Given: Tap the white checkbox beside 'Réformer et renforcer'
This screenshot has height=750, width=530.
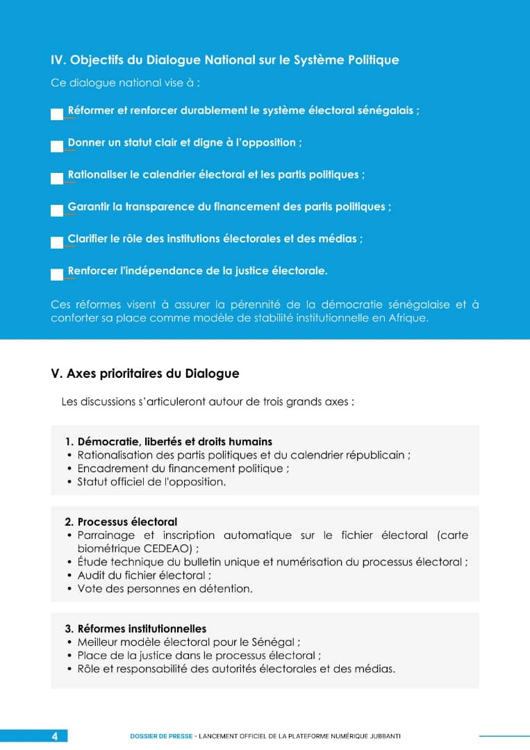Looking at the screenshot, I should coord(57,115).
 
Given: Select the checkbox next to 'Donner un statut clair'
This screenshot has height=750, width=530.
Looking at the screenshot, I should coord(57,147).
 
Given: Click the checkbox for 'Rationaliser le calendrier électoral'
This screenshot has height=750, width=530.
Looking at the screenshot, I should coord(57,178).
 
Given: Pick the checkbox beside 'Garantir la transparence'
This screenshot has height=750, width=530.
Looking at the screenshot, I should coord(57,210).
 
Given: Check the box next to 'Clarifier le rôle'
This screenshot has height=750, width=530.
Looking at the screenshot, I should coord(57,242).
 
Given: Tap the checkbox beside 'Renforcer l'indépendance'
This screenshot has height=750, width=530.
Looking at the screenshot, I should coord(57,274).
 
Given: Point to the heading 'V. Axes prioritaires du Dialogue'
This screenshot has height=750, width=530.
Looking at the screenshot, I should coord(145,374).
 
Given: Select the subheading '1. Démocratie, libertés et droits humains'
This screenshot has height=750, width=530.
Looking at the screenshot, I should coord(168,442).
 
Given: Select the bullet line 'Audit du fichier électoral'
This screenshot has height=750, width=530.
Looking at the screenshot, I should coord(144,575).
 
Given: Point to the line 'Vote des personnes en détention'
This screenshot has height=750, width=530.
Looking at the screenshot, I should coord(165,589).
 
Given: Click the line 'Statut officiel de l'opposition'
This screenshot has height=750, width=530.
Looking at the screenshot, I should coord(151,481).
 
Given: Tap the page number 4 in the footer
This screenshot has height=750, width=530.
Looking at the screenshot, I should coord(55,736).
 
